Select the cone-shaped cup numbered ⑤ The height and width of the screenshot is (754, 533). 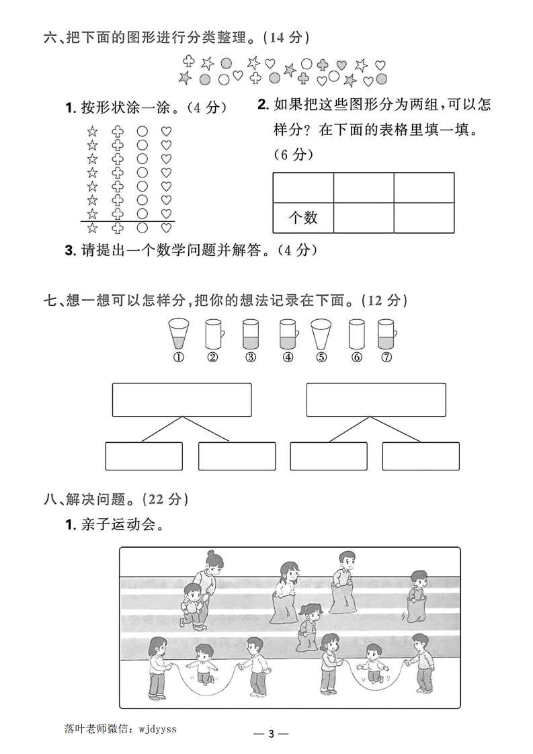point(321,333)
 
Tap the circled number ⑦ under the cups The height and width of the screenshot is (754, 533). point(386,358)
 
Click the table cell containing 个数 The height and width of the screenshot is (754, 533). point(302,217)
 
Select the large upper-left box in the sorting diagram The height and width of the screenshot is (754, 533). point(181,400)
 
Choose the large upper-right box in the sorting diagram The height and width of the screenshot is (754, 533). point(376,400)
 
